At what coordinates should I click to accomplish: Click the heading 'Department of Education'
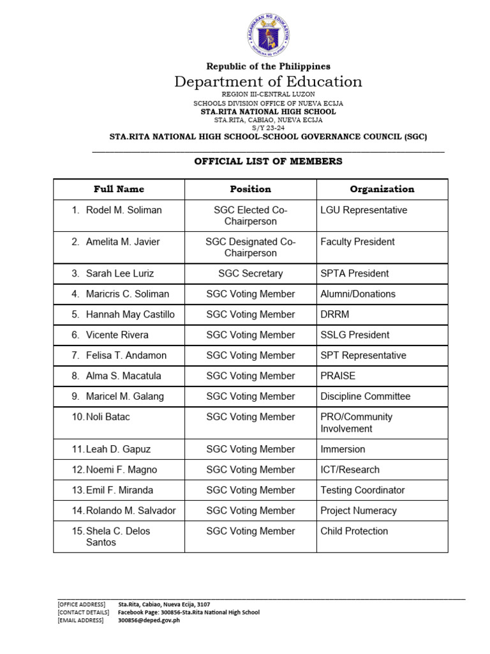pyautogui.click(x=268, y=82)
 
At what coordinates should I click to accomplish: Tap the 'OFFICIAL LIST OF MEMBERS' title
pyautogui.click(x=268, y=162)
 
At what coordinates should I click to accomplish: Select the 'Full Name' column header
pyautogui.click(x=119, y=189)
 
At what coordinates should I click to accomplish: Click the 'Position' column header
pyautogui.click(x=250, y=189)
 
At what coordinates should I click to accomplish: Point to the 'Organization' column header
pyautogui.click(x=382, y=189)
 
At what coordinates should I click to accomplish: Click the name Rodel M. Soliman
pyautogui.click(x=123, y=210)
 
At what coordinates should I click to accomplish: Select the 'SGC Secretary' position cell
pyautogui.click(x=250, y=273)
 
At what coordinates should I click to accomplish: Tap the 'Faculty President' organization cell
pyautogui.click(x=357, y=242)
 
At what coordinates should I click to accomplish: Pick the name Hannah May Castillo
pyautogui.click(x=130, y=314)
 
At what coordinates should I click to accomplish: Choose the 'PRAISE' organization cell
pyautogui.click(x=338, y=376)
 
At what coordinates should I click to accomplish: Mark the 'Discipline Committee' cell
pyautogui.click(x=366, y=396)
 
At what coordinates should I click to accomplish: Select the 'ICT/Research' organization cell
pyautogui.click(x=350, y=469)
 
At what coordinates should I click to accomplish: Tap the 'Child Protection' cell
pyautogui.click(x=354, y=531)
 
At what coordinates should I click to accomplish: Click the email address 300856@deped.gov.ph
pyautogui.click(x=149, y=620)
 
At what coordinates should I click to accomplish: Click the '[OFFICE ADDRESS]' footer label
pyautogui.click(x=80, y=604)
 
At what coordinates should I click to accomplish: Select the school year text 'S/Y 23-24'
pyautogui.click(x=268, y=128)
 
